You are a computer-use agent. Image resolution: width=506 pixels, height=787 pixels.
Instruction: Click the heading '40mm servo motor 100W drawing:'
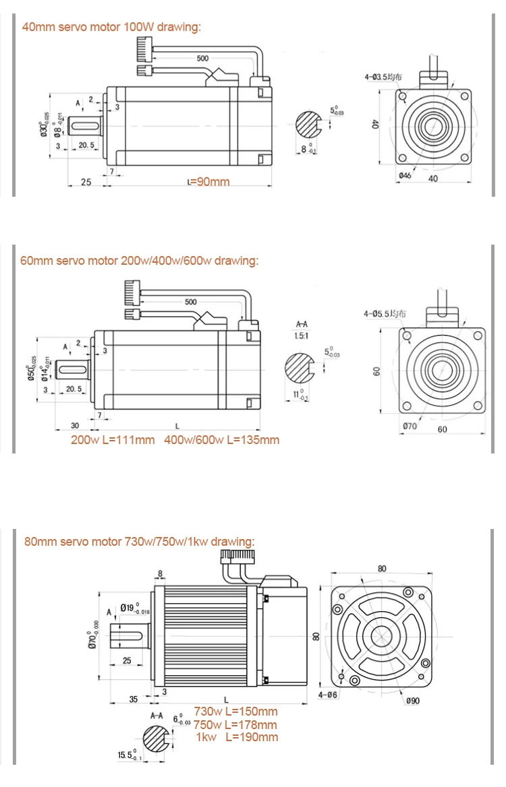click(x=112, y=27)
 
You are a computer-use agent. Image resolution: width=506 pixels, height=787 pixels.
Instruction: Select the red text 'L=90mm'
click(x=208, y=182)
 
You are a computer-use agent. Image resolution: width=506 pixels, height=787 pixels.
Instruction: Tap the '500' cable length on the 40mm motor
click(x=202, y=59)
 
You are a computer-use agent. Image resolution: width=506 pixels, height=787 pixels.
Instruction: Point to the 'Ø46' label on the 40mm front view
click(x=405, y=176)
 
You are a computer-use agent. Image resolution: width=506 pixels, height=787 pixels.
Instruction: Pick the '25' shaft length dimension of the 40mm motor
click(x=86, y=182)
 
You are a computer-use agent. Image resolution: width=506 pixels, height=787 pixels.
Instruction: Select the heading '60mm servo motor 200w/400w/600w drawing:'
click(x=139, y=261)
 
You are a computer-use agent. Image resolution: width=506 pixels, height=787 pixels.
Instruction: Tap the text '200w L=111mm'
click(x=112, y=440)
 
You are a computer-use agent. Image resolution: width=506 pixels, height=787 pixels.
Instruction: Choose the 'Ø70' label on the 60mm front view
click(x=410, y=426)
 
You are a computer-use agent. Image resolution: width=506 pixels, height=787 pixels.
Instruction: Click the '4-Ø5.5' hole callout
click(x=385, y=313)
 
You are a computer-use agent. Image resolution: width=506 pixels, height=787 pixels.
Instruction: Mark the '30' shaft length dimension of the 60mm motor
click(x=75, y=426)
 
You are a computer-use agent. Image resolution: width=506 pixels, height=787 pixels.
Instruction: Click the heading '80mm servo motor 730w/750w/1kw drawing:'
click(x=139, y=541)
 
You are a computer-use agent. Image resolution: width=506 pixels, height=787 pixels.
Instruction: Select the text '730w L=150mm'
click(x=235, y=712)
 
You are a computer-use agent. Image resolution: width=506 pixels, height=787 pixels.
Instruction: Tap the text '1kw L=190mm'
click(x=236, y=737)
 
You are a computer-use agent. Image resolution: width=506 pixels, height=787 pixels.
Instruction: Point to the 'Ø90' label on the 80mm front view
click(x=412, y=701)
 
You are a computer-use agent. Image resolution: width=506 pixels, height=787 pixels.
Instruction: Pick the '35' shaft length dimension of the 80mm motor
click(x=134, y=699)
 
